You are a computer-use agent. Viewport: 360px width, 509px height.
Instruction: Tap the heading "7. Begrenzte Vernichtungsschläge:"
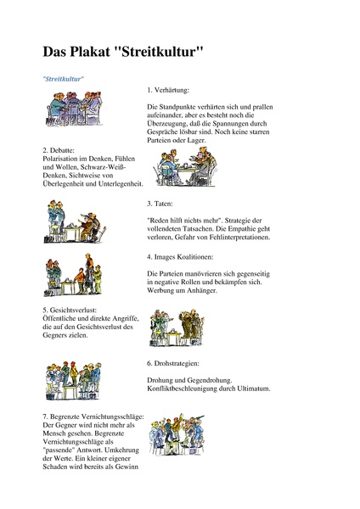point(93,417)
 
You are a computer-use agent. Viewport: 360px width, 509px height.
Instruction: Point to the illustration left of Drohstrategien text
point(74,379)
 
